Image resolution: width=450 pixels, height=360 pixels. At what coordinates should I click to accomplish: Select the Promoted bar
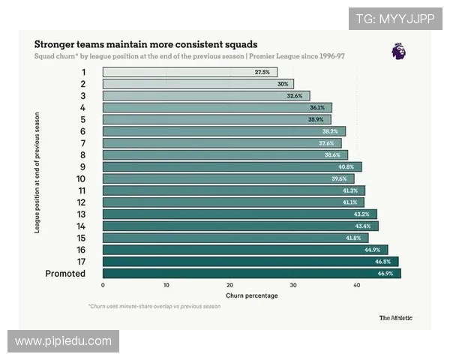coord(251,274)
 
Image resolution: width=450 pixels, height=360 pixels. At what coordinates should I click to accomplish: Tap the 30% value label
coord(282,84)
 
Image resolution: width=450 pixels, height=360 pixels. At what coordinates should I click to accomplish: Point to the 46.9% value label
coord(385,274)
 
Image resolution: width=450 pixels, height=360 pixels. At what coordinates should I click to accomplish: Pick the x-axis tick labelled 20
coord(229,286)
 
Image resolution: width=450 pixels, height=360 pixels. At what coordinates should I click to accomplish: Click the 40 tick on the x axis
coord(357,286)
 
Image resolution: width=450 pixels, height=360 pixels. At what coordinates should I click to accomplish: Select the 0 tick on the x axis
coord(103,286)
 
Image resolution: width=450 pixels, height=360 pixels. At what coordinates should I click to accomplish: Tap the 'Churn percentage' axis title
coord(252,295)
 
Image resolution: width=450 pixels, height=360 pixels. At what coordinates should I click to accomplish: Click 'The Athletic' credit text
coord(395,317)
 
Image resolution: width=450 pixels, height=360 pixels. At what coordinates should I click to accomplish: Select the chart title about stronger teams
coord(145,44)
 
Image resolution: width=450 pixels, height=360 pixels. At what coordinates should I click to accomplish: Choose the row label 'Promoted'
coord(65,274)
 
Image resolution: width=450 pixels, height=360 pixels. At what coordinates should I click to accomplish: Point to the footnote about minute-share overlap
coord(154,307)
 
